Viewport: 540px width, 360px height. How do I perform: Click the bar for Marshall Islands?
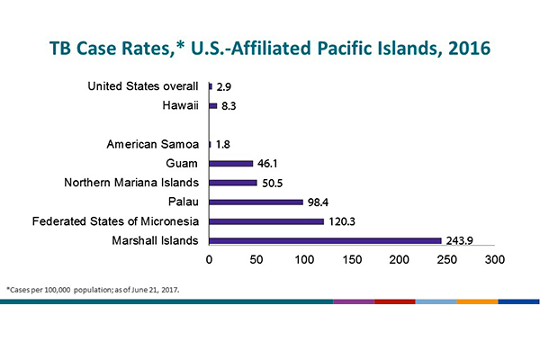point(325,240)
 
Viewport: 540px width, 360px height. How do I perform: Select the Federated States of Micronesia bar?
point(265,221)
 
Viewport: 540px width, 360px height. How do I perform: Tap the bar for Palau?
point(256,202)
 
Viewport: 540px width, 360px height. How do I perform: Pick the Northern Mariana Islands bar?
point(233,183)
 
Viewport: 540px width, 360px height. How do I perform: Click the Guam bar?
point(230,163)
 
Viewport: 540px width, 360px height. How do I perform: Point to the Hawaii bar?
point(212,105)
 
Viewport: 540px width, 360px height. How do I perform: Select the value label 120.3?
point(346,221)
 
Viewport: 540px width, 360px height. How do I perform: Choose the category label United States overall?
point(144,86)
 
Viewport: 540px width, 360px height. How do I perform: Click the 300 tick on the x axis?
point(494,259)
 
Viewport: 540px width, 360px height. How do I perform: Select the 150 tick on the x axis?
point(352,259)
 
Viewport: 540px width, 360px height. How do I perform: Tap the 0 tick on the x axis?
point(210,259)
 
